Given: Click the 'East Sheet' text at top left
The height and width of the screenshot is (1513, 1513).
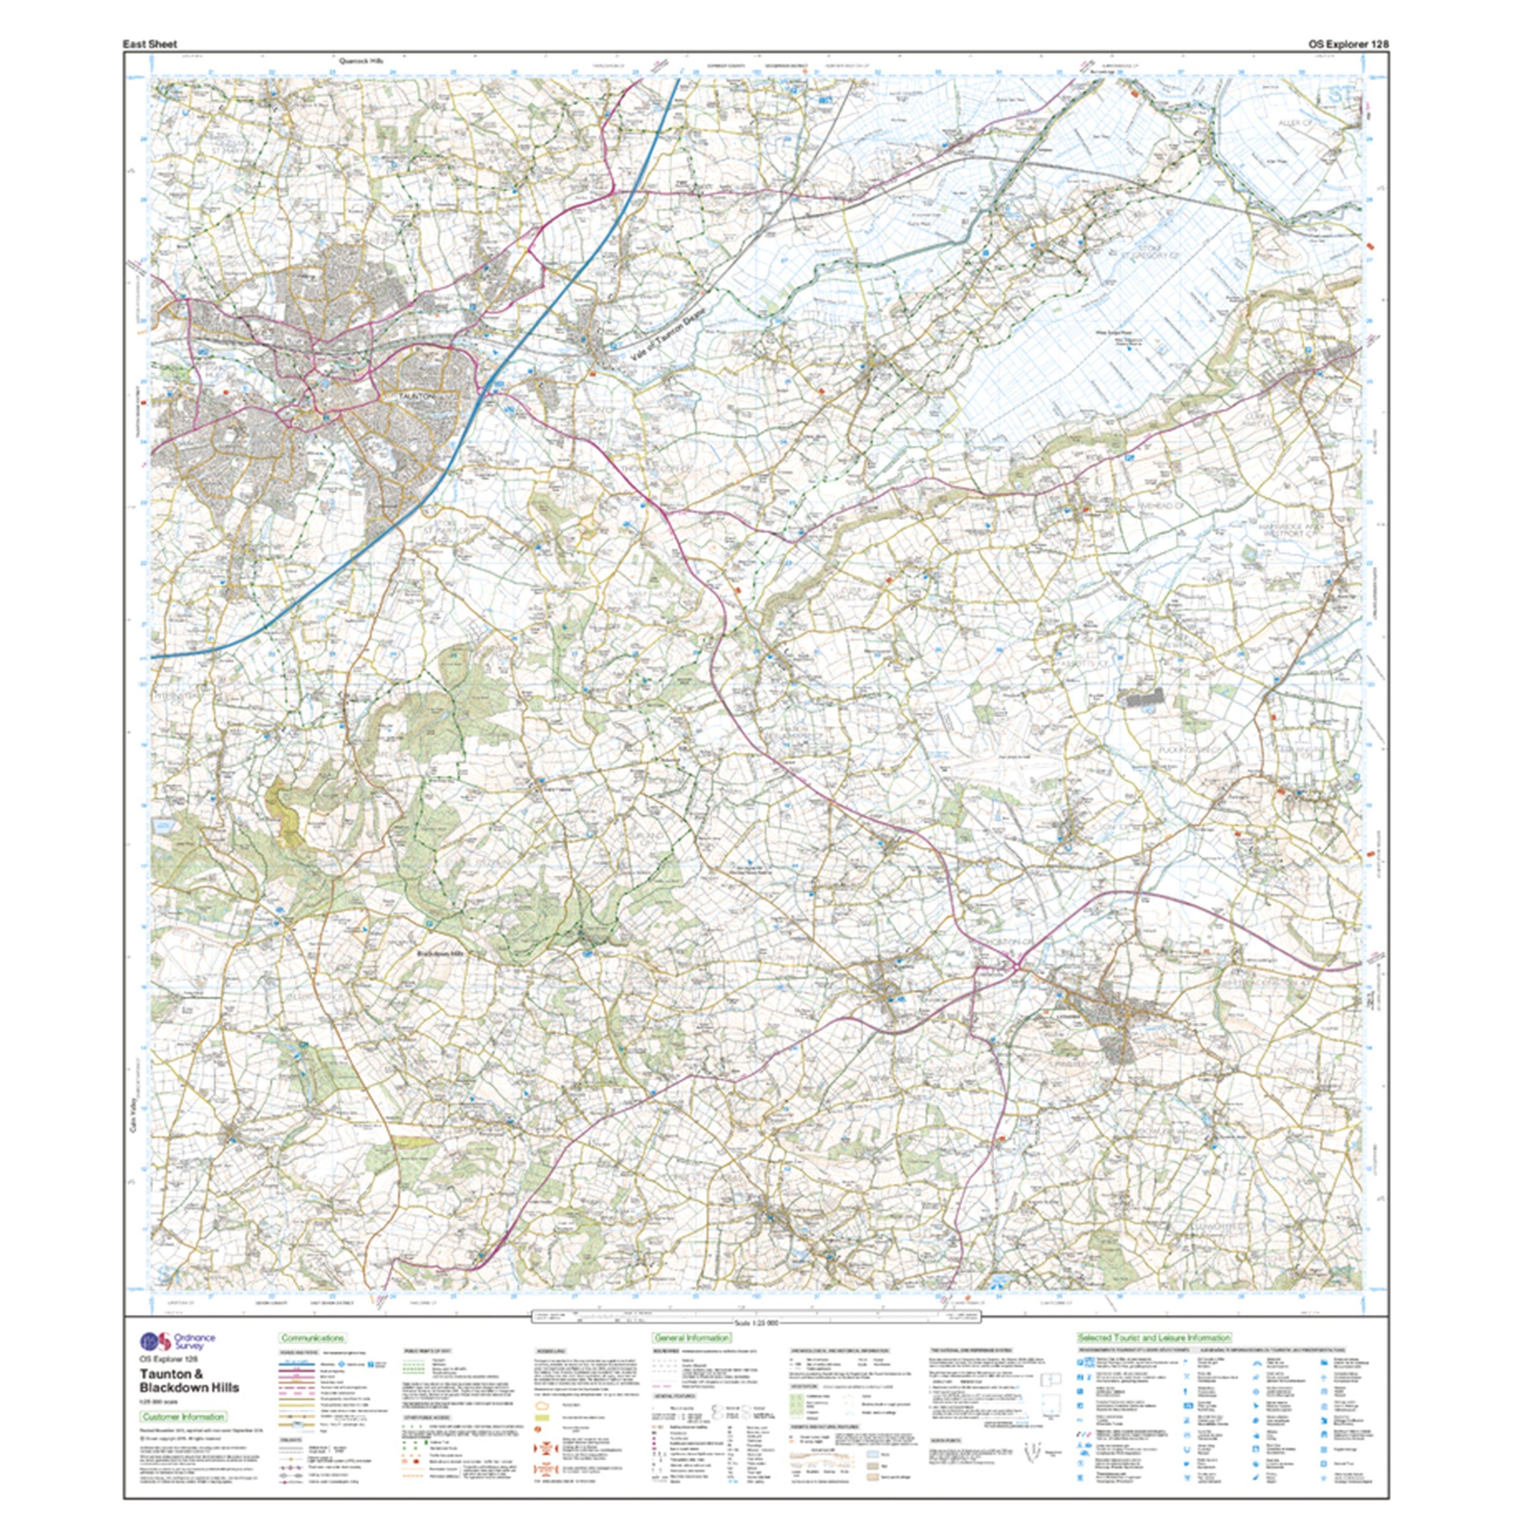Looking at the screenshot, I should tap(150, 45).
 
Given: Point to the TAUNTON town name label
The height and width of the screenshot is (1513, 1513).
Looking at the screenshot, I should tap(416, 397).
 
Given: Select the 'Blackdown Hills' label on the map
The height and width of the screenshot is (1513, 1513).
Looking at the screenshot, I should tap(441, 954).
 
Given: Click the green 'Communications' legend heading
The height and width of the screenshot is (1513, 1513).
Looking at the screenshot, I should tap(313, 1339).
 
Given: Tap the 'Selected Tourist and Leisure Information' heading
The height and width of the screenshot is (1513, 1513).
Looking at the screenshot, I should tap(1153, 1339).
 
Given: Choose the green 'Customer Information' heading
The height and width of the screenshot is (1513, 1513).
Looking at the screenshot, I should tap(183, 1417).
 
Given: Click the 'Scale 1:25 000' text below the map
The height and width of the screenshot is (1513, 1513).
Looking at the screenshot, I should tap(755, 1323).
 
